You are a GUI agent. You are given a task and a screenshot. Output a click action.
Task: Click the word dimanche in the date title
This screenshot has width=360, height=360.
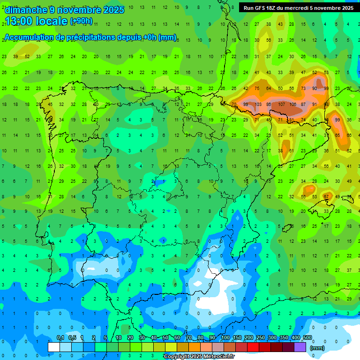click(26, 10)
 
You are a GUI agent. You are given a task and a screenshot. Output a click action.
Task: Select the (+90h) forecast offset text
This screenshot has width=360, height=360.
click(81, 21)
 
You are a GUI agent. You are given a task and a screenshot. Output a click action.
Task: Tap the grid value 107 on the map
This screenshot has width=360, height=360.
click(281, 104)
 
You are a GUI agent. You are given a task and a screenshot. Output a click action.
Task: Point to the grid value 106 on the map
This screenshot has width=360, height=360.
click(292, 104)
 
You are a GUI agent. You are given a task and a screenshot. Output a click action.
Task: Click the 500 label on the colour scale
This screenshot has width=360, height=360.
click(307, 338)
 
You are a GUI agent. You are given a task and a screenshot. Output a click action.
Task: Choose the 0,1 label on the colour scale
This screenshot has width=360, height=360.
click(60, 338)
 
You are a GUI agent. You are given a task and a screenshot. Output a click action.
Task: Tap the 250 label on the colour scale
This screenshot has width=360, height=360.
click(260, 338)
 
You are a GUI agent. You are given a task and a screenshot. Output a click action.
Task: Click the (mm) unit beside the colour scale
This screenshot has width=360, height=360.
click(317, 348)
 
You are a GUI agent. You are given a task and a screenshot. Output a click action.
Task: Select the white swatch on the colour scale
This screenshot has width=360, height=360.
click(54, 347)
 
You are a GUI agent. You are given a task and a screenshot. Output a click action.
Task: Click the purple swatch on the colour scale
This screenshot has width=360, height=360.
click(300, 347)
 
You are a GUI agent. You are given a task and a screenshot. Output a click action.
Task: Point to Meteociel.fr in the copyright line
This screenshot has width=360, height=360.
click(216, 357)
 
